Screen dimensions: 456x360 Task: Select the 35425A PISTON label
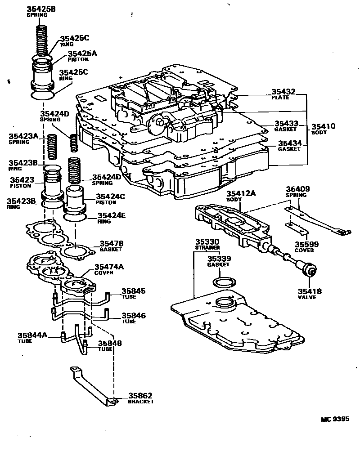pyautogui.click(x=82, y=56)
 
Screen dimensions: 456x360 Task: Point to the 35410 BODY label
pyautogui.click(x=323, y=129)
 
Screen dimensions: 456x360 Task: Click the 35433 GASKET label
pyautogui.click(x=287, y=125)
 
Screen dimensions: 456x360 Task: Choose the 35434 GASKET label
pyautogui.click(x=289, y=146)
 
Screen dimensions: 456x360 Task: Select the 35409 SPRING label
pyautogui.click(x=297, y=192)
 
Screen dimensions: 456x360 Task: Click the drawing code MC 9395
pyautogui.click(x=335, y=419)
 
